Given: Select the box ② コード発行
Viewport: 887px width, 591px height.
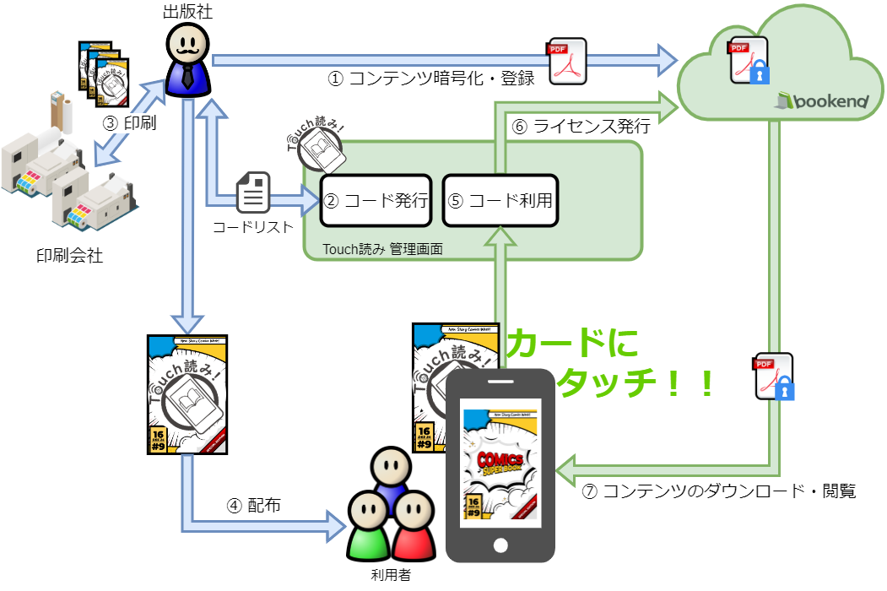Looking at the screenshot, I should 376,201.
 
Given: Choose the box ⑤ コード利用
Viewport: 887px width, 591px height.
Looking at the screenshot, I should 500,201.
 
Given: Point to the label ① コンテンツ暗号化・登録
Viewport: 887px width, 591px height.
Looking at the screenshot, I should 431,79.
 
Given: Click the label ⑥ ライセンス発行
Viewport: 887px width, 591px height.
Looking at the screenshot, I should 581,127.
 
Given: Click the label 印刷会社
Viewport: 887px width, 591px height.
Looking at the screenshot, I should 70,255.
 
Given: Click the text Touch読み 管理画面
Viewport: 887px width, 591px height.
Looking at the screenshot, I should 383,250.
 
